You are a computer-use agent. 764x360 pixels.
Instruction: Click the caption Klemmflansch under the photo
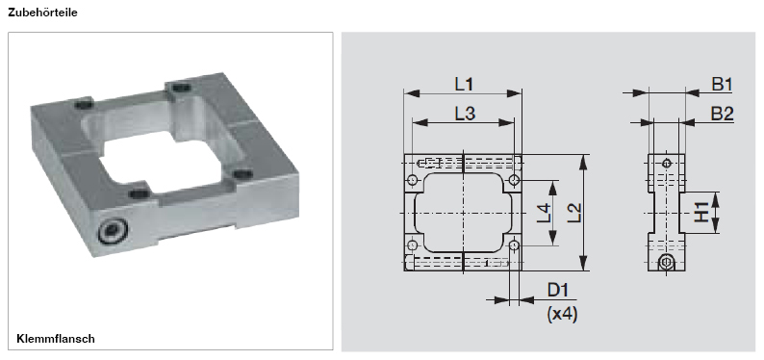(55, 339)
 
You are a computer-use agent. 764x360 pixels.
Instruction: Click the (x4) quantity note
(561, 314)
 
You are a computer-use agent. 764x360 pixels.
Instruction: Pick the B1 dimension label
(723, 85)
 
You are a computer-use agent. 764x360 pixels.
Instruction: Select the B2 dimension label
(723, 114)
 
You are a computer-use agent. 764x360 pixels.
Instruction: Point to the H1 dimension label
(703, 212)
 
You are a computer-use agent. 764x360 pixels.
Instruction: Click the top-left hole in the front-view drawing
(413, 180)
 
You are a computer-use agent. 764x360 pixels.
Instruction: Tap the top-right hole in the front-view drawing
(515, 180)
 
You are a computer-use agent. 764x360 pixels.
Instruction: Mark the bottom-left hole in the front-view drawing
(413, 244)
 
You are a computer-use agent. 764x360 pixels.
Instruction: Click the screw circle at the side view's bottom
(666, 263)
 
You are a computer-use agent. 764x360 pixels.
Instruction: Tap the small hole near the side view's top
(666, 163)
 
